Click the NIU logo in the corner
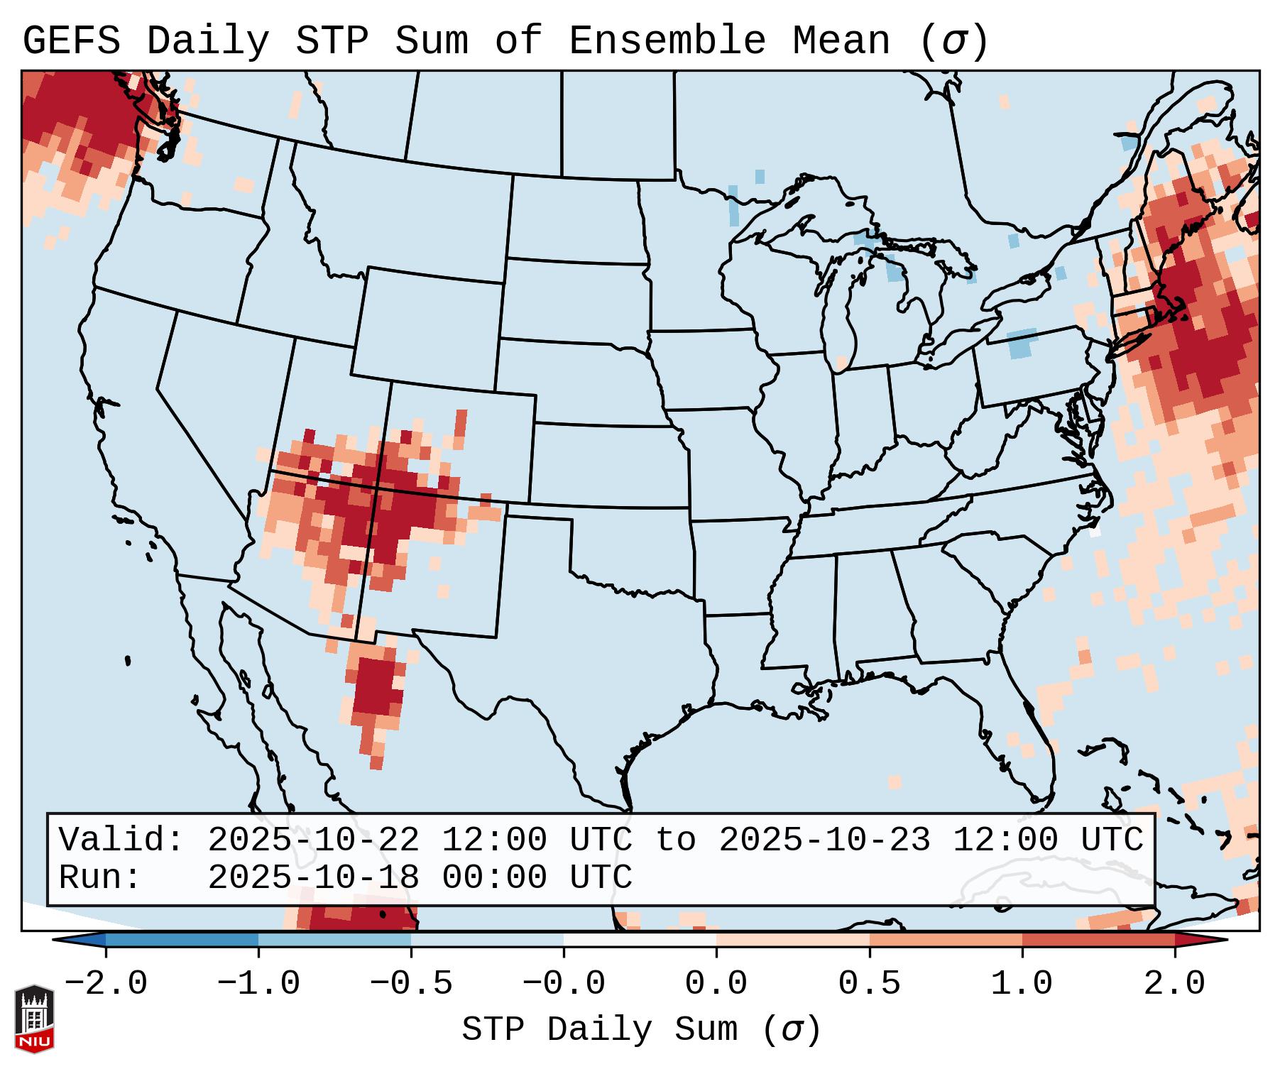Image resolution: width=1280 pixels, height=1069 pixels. coord(34,1018)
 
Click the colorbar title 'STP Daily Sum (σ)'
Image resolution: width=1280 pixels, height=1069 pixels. coord(640,1029)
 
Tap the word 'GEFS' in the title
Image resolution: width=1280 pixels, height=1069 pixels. coord(71,41)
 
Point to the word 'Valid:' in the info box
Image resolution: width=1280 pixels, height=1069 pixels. coord(121,840)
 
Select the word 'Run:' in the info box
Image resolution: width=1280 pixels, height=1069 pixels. coord(100,878)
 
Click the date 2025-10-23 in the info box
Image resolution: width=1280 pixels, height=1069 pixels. coord(824,840)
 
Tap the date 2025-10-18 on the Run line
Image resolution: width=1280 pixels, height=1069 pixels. coord(313,878)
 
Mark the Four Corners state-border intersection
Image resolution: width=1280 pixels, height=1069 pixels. coord(377,489)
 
